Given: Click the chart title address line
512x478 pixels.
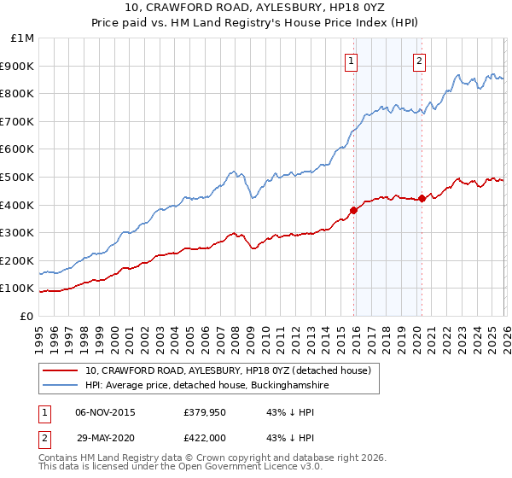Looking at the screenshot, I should [x=256, y=9].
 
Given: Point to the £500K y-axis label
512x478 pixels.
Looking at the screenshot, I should [x=18, y=177].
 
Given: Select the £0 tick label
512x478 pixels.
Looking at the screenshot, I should [x=26, y=316].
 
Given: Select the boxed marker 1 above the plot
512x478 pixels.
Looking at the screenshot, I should [x=351, y=61].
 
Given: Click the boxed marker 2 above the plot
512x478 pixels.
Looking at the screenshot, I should [x=420, y=61].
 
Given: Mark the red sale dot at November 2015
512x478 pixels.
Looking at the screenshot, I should [x=353, y=210].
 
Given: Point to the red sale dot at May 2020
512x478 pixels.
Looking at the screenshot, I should [x=422, y=198].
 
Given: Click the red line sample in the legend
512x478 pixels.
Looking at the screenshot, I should [x=60, y=371].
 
